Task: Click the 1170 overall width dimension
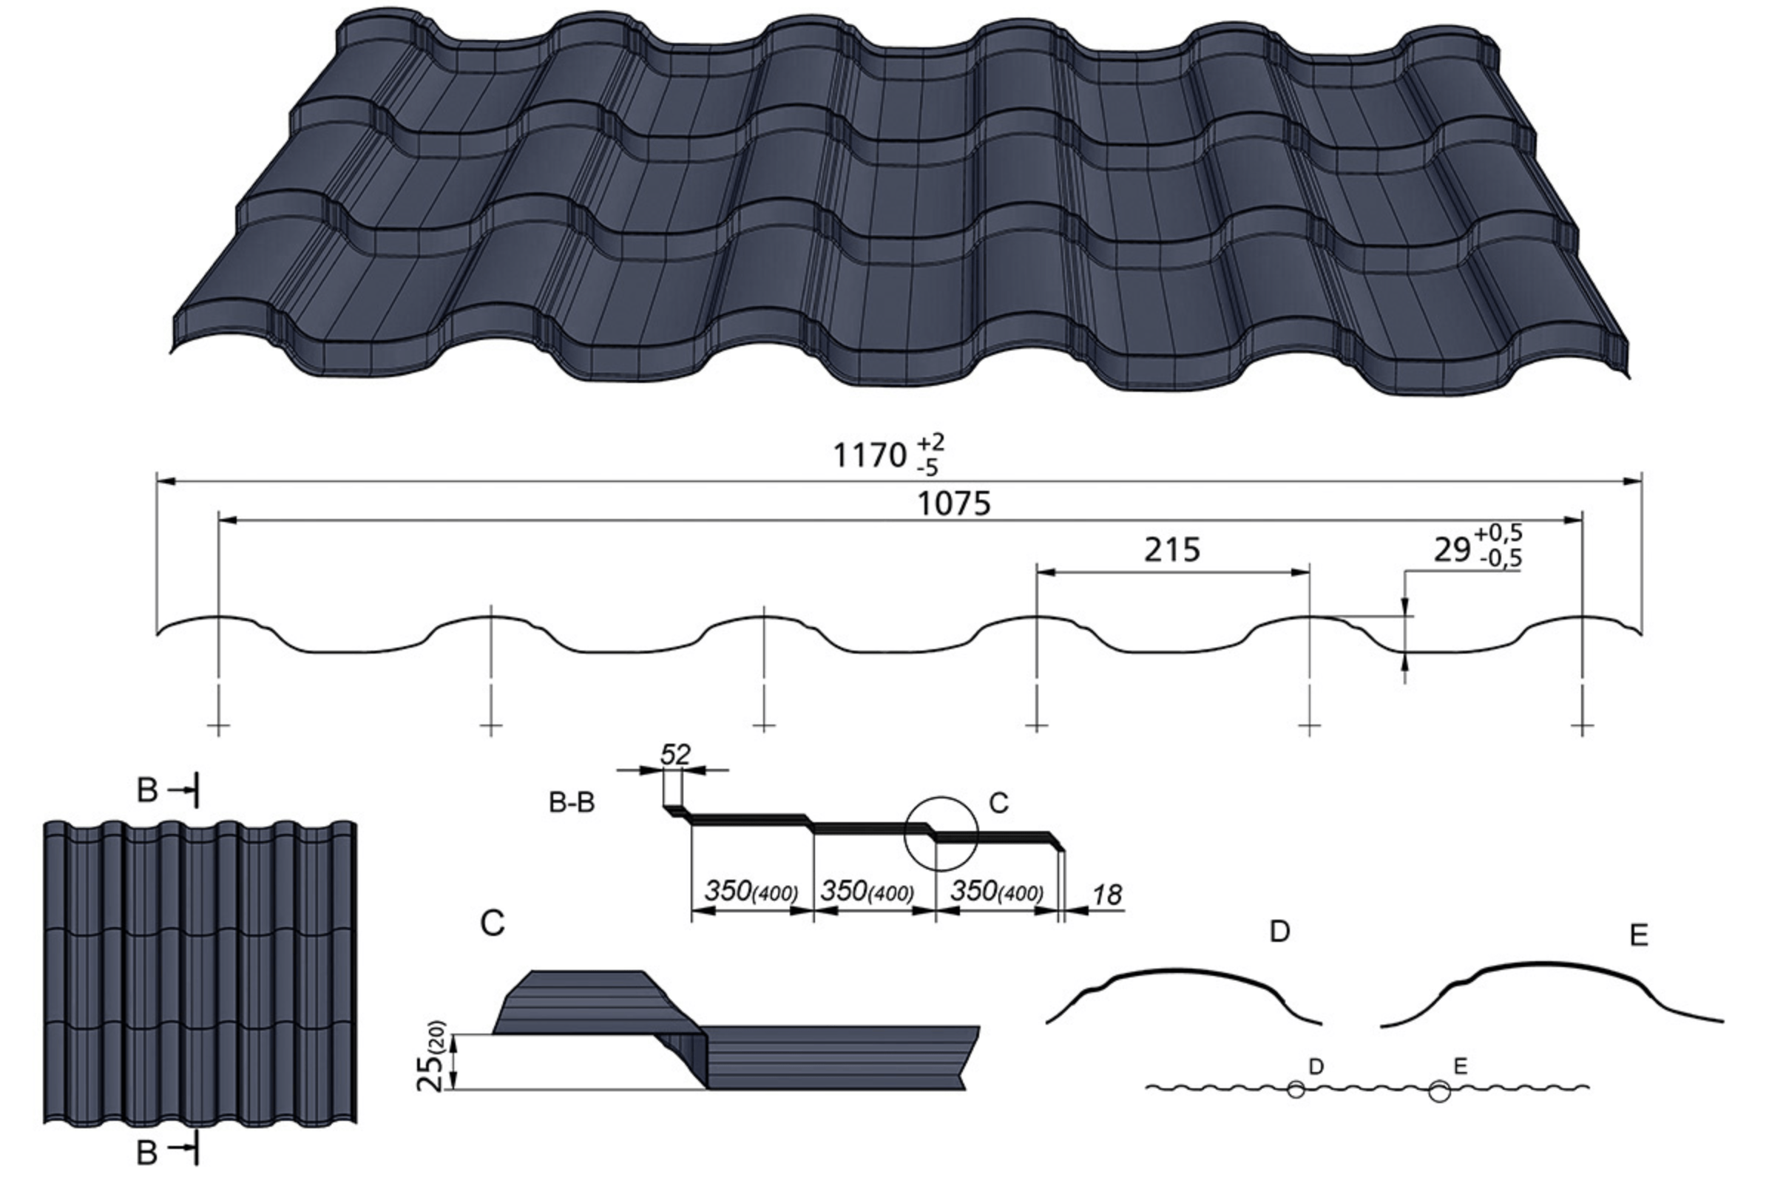click(x=870, y=455)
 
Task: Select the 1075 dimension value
click(x=954, y=503)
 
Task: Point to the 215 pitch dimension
click(x=1172, y=550)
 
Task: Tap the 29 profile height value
click(x=1452, y=550)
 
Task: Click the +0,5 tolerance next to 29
click(x=1498, y=534)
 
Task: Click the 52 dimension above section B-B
click(x=674, y=754)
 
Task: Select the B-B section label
click(x=572, y=802)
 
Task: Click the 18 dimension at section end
click(x=1106, y=895)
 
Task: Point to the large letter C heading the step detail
click(x=493, y=923)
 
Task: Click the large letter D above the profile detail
click(x=1279, y=932)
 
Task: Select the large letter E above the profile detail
click(x=1639, y=935)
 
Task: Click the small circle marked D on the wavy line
click(x=1295, y=1090)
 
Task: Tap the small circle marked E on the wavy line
click(x=1439, y=1091)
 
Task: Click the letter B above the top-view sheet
click(x=147, y=790)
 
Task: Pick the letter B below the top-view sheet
click(x=147, y=1152)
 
